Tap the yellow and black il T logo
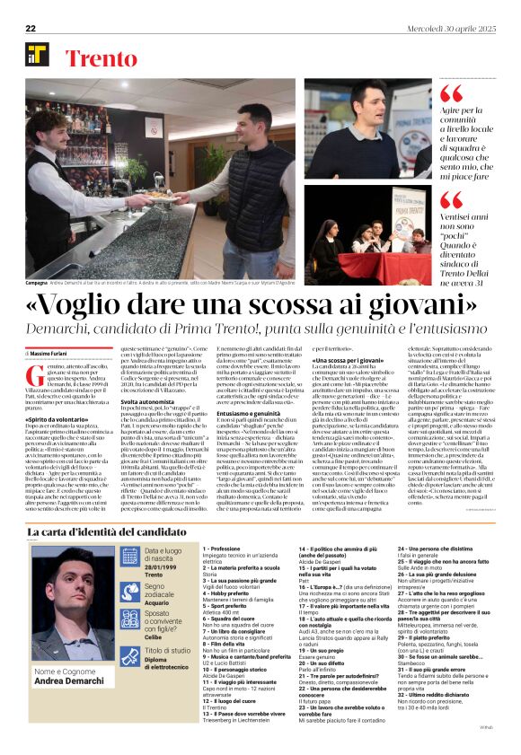click(37, 55)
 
